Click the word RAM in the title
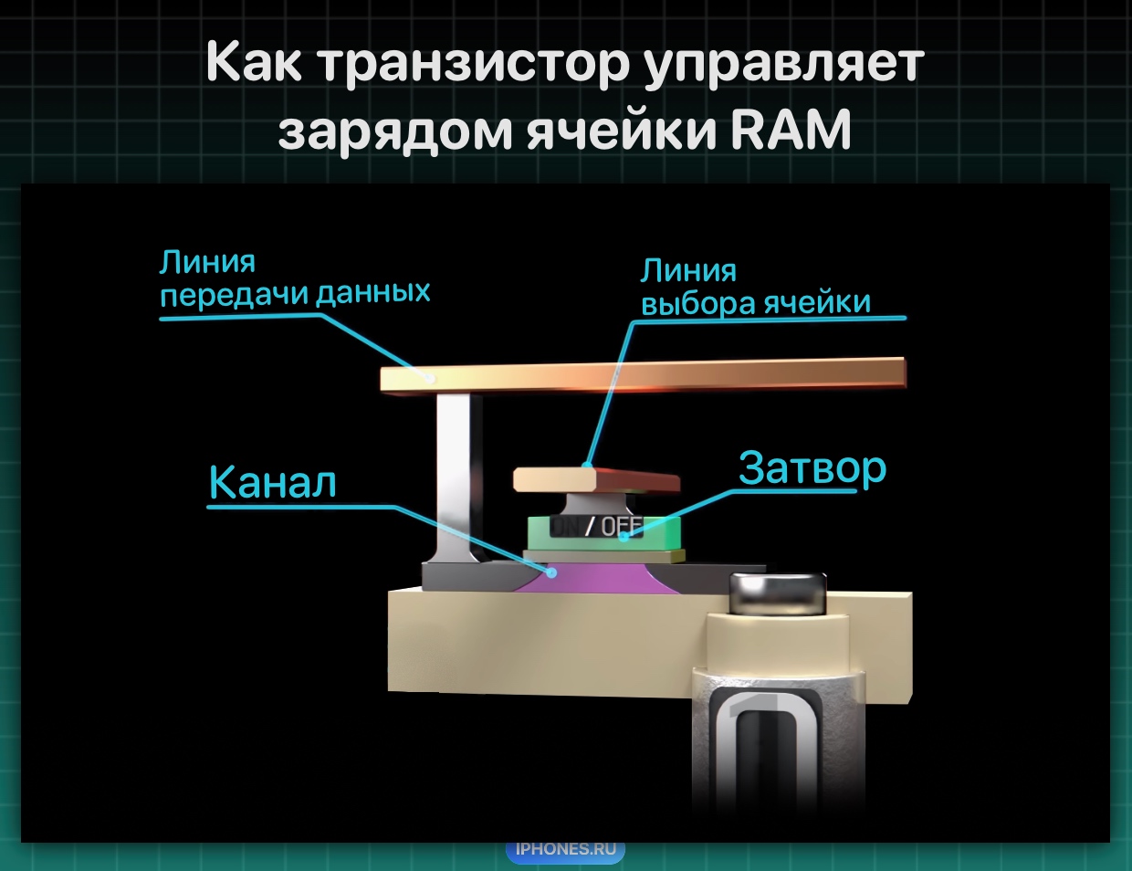coord(791,130)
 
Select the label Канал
coord(272,482)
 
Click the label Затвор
coord(812,467)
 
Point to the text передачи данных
coord(295,293)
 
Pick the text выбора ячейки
coord(755,302)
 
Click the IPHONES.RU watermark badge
coord(565,849)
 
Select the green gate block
coord(604,533)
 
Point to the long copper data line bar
coord(643,374)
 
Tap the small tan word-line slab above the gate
coord(596,479)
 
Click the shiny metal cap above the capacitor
coord(778,593)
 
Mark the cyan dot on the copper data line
coord(429,377)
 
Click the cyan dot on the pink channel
coord(551,573)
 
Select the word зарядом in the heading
coord(395,131)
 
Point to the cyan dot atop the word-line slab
coord(587,465)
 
